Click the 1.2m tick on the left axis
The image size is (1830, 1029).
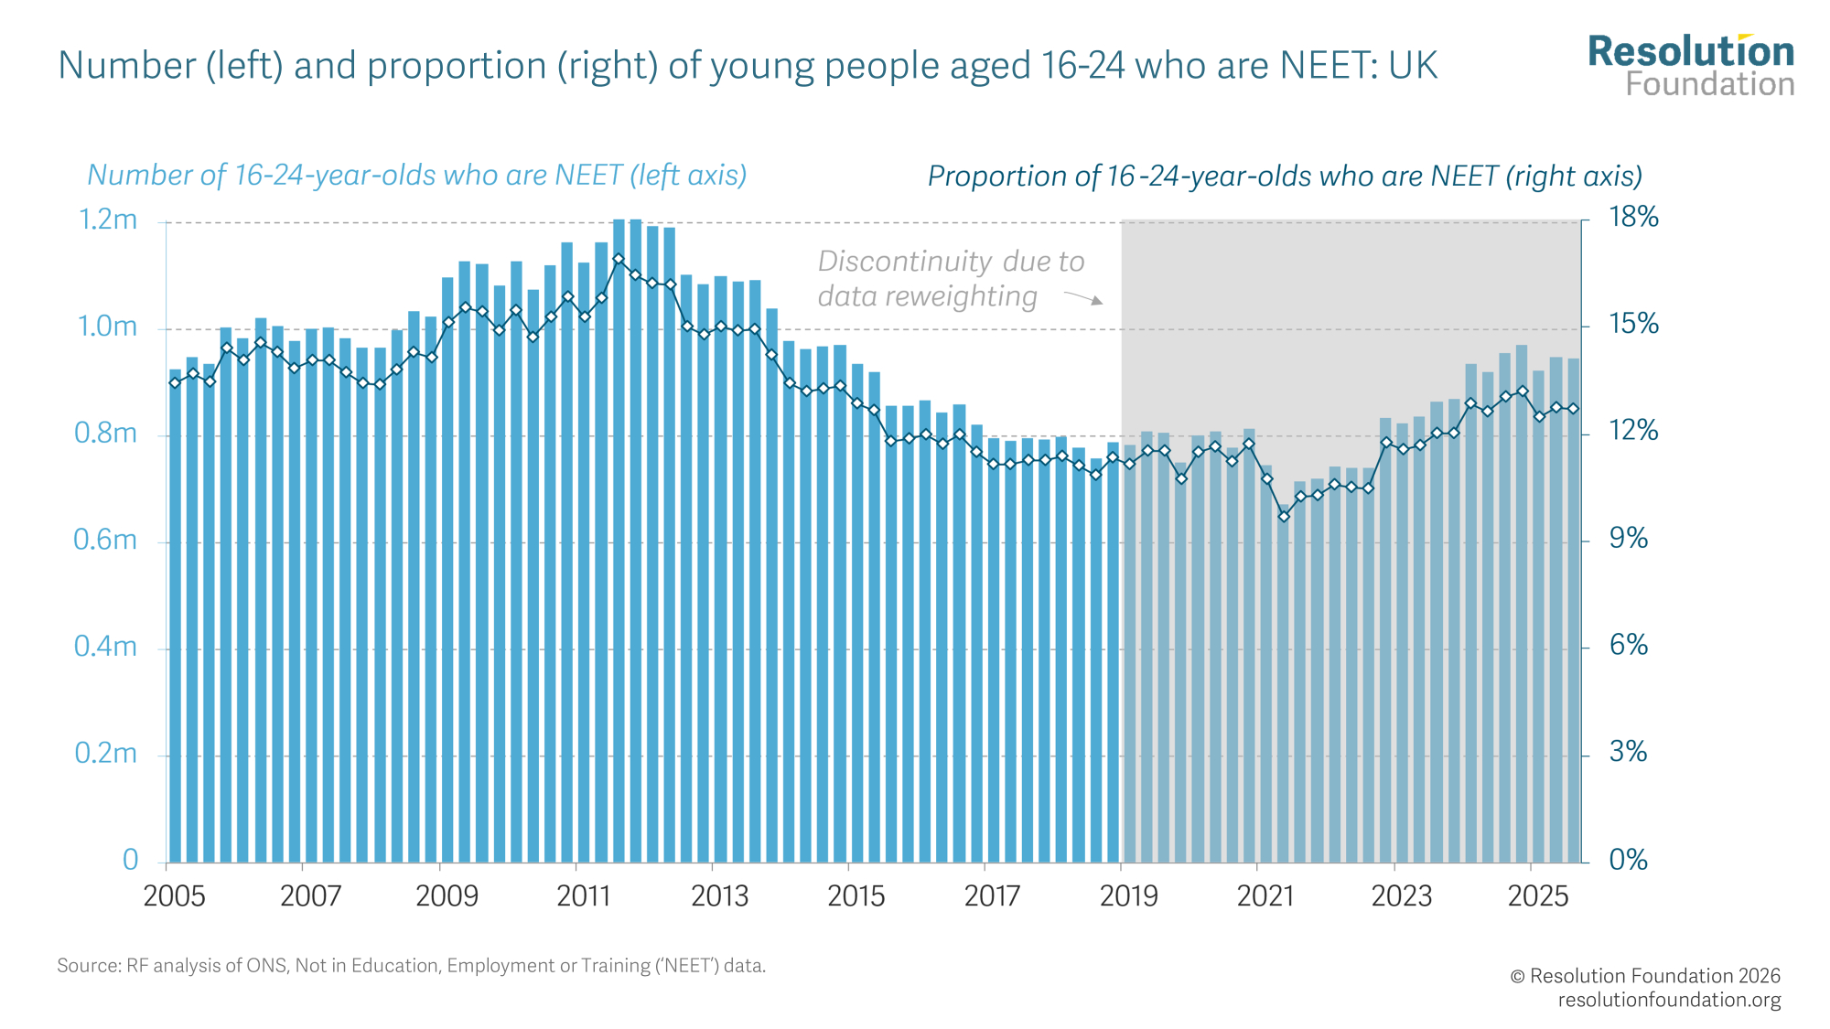(x=108, y=220)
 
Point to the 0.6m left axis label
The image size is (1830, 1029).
(x=105, y=541)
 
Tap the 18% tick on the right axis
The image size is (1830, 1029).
(x=1633, y=218)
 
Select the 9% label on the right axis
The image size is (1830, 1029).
(x=1628, y=539)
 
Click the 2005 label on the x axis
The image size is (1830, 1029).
(x=174, y=896)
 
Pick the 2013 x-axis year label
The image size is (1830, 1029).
(x=719, y=896)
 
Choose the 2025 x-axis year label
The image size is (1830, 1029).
(x=1537, y=896)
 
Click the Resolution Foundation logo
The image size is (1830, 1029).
(x=1691, y=66)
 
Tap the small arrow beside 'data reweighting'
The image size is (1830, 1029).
(x=1084, y=297)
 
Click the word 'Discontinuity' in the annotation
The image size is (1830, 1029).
(x=905, y=262)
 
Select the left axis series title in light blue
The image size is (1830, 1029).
(x=416, y=175)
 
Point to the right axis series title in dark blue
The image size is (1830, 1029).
(x=1285, y=177)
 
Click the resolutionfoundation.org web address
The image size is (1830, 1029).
(x=1669, y=1000)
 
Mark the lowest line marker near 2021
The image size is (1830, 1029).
(x=1284, y=516)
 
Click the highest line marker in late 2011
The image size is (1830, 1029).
(x=619, y=259)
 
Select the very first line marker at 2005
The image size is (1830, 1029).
(x=175, y=382)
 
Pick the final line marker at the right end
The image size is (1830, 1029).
(x=1573, y=409)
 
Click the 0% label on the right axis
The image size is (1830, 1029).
(x=1628, y=860)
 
